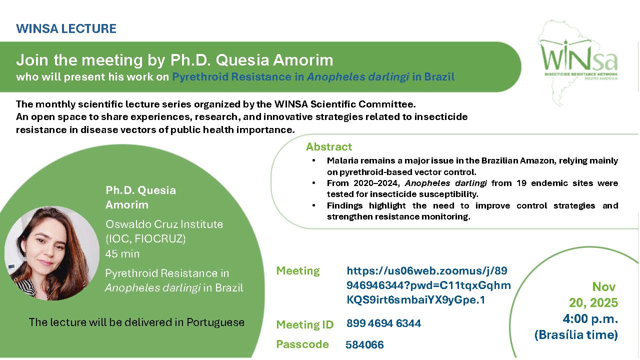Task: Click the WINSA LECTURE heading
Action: (66, 28)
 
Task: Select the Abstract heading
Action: (329, 147)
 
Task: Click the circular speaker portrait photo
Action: (52, 253)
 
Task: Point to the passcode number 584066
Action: (364, 345)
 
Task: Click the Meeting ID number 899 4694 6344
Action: (383, 323)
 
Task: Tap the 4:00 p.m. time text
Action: (590, 319)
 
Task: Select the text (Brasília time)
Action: (576, 335)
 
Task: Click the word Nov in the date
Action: (603, 287)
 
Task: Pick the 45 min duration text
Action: (122, 253)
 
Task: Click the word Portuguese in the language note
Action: (215, 322)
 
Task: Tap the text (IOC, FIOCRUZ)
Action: (145, 238)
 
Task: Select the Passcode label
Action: (302, 344)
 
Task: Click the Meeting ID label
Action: (305, 324)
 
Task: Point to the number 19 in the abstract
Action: (521, 183)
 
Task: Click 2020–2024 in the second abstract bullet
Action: (376, 183)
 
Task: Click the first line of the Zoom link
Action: (427, 271)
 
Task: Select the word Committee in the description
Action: (386, 104)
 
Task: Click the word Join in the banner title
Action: (32, 60)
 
